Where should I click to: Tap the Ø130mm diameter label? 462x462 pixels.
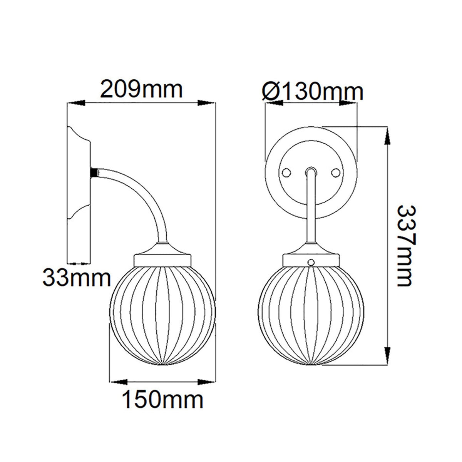[313, 92]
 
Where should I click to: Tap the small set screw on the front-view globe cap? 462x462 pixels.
[310, 262]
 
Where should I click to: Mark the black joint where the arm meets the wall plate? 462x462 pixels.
[93, 172]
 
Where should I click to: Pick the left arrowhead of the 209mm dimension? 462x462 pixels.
[76, 103]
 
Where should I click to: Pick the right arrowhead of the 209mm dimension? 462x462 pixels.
[207, 103]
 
